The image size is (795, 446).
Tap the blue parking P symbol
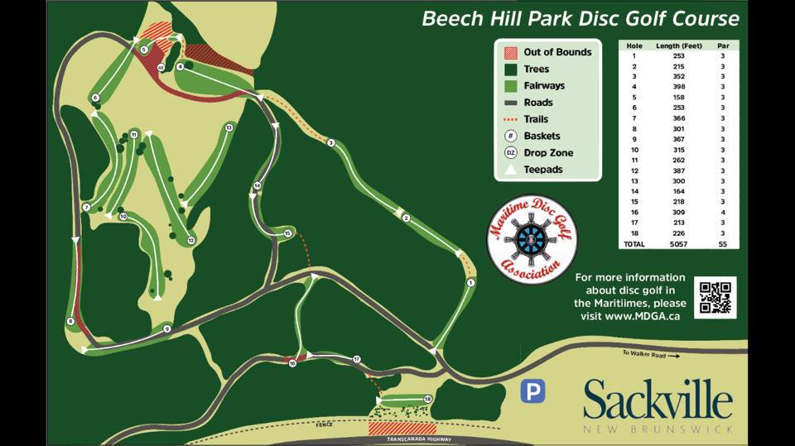532,391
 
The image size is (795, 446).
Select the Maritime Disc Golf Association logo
532,239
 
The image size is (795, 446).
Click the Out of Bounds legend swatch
510,52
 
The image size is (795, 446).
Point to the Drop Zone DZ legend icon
510,153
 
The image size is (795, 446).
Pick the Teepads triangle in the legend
510,170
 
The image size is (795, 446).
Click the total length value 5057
679,245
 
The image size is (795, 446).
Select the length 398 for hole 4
679,86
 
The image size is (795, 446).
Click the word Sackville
658,400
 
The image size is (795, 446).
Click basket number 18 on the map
427,400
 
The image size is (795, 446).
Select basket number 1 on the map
471,283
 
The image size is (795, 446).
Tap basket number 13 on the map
228,127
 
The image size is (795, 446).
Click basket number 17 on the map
357,359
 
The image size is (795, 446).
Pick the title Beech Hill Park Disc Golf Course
580,18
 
